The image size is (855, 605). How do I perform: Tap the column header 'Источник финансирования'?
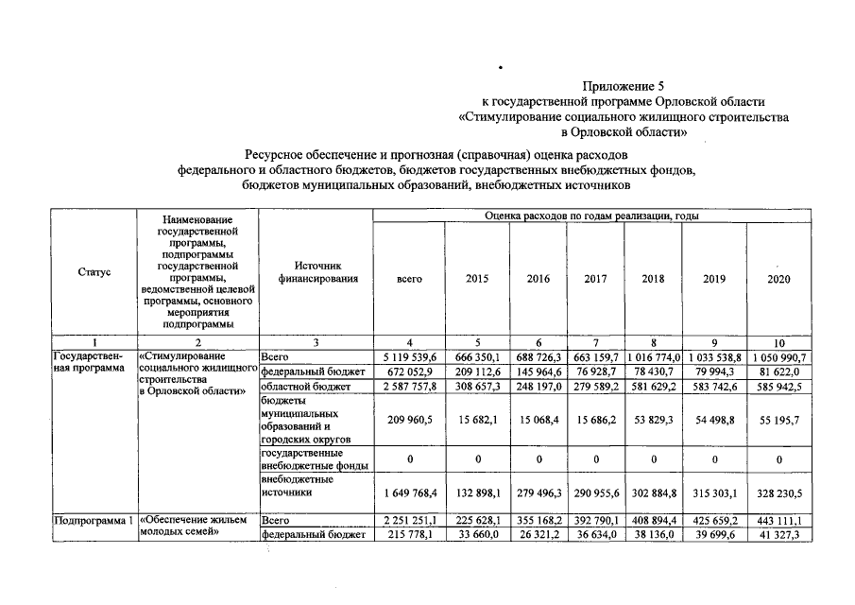[x=316, y=272]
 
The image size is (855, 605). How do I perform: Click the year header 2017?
[x=595, y=280]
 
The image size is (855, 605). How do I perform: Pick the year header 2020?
[x=778, y=280]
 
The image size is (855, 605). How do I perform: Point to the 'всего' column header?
[x=409, y=280]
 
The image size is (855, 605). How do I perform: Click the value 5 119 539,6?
[x=409, y=357]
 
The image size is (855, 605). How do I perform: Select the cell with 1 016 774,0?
[x=653, y=357]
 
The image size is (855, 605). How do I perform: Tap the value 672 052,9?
[x=409, y=372]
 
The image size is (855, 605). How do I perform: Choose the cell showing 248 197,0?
[x=538, y=387]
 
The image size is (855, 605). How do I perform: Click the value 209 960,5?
[x=409, y=421]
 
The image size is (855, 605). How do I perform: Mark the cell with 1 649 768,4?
[x=409, y=493]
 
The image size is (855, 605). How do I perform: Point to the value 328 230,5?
[x=778, y=493]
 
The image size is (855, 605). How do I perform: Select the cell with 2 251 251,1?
[x=409, y=520]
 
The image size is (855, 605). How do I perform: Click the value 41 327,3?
[x=778, y=534]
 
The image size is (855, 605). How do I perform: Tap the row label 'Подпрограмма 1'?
[x=94, y=520]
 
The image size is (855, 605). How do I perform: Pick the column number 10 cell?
[x=778, y=341]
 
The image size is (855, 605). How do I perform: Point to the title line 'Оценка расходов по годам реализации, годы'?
[x=591, y=216]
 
